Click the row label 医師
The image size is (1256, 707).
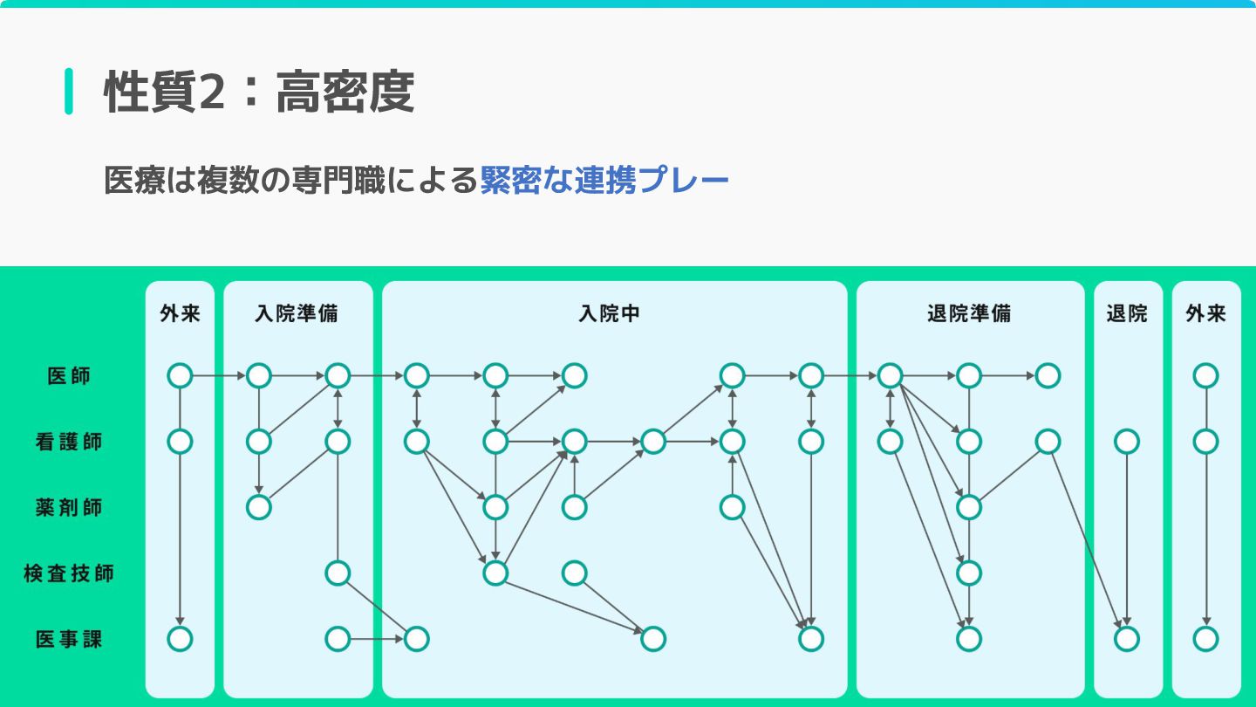pyautogui.click(x=69, y=376)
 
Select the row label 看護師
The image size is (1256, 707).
pyautogui.click(x=69, y=442)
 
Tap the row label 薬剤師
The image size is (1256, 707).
pyautogui.click(x=69, y=507)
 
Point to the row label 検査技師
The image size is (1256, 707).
pyautogui.click(x=69, y=573)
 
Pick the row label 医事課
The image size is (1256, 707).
pyautogui.click(x=69, y=639)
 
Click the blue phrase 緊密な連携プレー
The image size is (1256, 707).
pyautogui.click(x=604, y=181)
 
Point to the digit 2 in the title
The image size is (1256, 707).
pyautogui.click(x=212, y=92)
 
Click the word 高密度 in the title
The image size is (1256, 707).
pyautogui.click(x=345, y=92)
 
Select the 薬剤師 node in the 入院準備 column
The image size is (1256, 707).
pyautogui.click(x=259, y=507)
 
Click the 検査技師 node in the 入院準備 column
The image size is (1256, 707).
pyautogui.click(x=338, y=573)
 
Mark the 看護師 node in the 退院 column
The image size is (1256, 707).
pyautogui.click(x=1127, y=442)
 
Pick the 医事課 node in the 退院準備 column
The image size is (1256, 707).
pyautogui.click(x=969, y=639)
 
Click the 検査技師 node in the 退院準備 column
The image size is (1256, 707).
pyautogui.click(x=969, y=573)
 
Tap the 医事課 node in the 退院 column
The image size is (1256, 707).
pyautogui.click(x=1127, y=639)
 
